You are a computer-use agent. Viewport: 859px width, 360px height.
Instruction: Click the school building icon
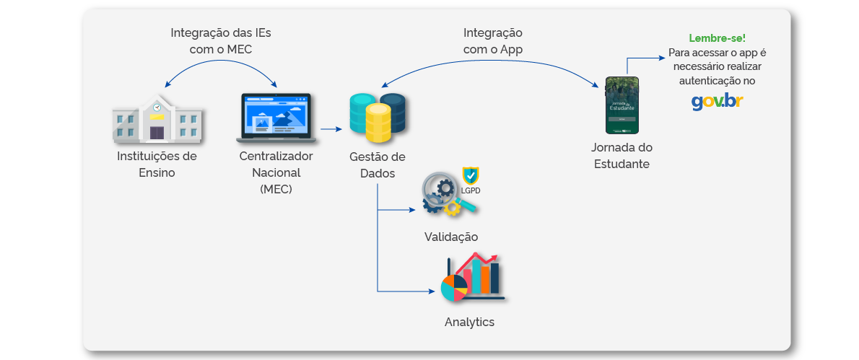(157, 119)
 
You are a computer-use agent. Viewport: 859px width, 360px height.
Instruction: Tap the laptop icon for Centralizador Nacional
(276, 117)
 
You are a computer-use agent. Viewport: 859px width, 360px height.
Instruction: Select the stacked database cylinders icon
(376, 118)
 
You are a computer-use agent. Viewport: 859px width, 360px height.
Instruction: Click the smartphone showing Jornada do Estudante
(622, 105)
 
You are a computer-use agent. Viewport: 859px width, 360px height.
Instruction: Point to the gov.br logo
(717, 101)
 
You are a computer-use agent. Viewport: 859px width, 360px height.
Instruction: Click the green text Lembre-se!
(717, 38)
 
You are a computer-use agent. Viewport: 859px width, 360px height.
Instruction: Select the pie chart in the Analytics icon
(454, 288)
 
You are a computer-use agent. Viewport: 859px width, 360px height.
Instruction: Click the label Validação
(450, 237)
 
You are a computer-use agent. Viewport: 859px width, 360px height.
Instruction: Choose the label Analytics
(469, 322)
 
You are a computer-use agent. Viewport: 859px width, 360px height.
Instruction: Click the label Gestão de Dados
(377, 165)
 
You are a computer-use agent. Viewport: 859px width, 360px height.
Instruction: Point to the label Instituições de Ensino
(157, 164)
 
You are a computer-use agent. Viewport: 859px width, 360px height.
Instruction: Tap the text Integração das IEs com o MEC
(221, 40)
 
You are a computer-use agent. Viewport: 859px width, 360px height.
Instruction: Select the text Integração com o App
(493, 41)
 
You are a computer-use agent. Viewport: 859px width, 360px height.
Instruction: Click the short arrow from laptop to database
(331, 129)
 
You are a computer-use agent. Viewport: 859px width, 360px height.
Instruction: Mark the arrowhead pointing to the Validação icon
(413, 211)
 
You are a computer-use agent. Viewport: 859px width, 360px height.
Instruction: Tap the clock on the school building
(157, 107)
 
